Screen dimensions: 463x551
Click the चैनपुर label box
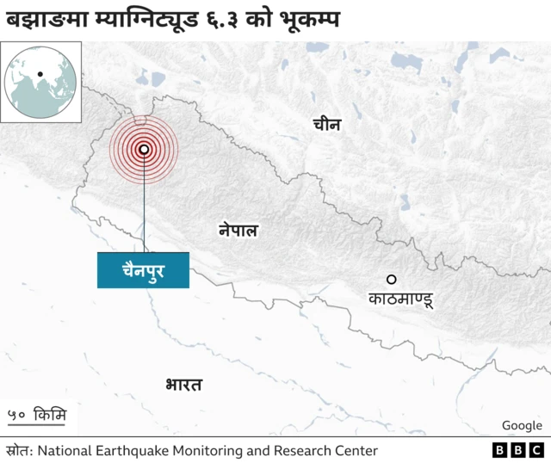pos(143,270)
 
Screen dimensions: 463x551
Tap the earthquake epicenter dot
pos(144,149)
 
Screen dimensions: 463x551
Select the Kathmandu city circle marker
pos(391,279)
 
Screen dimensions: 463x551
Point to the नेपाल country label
pos(238,231)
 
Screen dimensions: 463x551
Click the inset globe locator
pos(41,83)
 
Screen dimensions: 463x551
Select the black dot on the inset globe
pos(40,73)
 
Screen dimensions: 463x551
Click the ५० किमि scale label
pos(38,415)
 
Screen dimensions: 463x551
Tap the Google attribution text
pos(522,425)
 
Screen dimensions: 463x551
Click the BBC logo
pos(518,450)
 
